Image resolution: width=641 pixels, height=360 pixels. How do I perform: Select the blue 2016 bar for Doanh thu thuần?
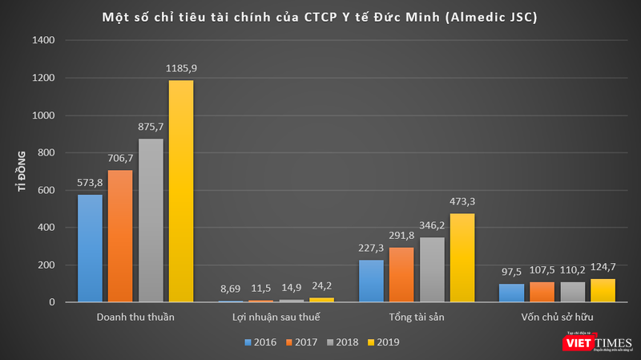pos(90,249)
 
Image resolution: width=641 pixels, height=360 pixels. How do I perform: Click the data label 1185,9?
pos(181,69)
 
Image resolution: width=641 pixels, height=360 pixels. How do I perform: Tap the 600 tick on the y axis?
pos(46,190)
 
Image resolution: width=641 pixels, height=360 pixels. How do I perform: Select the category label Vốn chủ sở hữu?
pos(556,318)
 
